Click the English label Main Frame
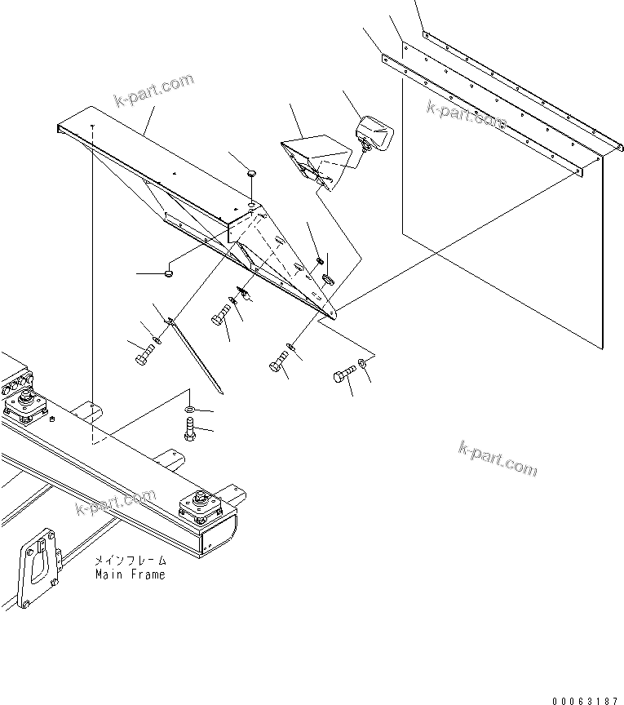coord(130,574)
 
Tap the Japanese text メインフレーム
coord(130,561)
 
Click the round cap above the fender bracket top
coord(252,174)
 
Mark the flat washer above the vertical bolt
coord(189,407)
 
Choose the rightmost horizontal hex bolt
coord(343,376)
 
